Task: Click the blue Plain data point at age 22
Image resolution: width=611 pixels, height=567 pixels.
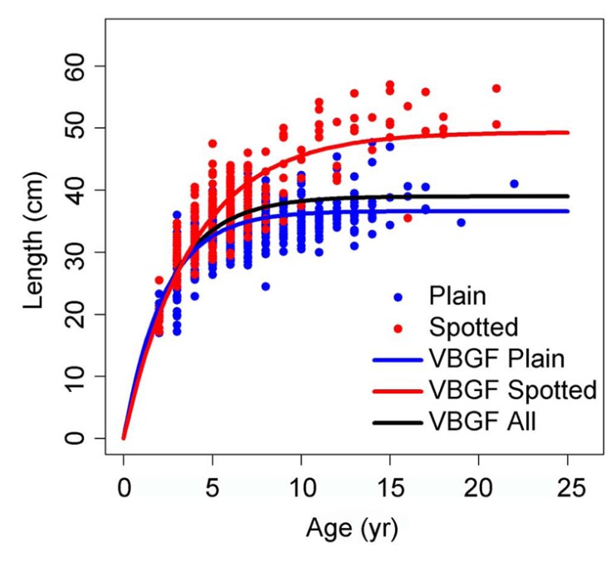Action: click(x=514, y=183)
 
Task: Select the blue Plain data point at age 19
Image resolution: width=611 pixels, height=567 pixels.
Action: click(x=461, y=222)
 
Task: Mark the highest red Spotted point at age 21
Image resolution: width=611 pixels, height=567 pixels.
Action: click(x=496, y=88)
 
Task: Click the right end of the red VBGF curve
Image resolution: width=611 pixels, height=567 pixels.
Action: click(x=568, y=132)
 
